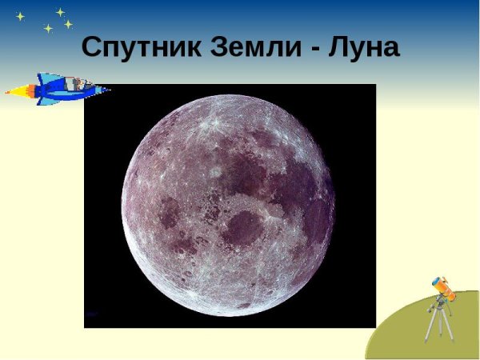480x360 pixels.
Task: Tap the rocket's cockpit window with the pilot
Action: (x=77, y=83)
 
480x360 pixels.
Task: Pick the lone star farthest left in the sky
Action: (x=20, y=16)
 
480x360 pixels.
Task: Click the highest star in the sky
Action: (x=60, y=12)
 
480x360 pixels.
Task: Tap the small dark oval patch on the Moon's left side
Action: (x=169, y=213)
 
